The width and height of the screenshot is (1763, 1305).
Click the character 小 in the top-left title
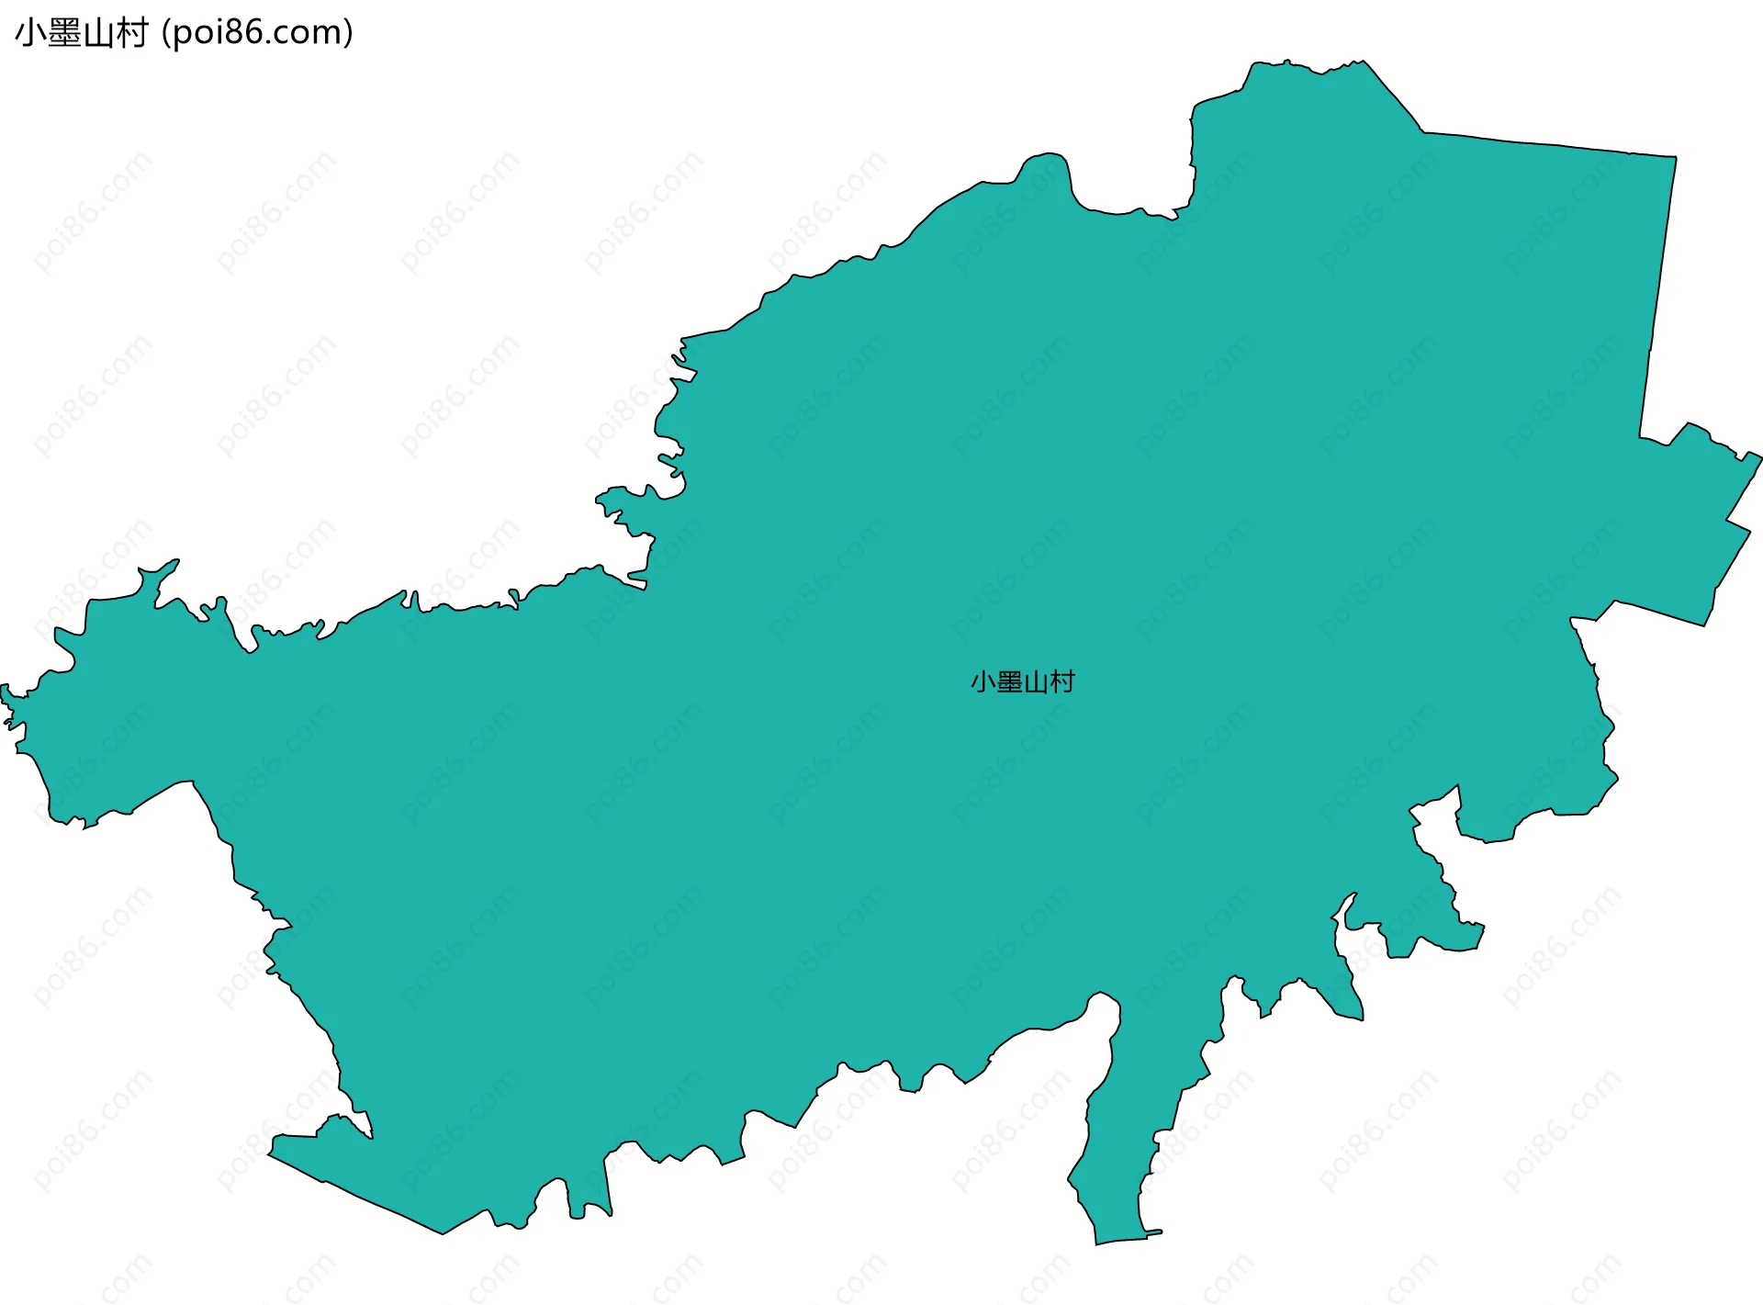(30, 33)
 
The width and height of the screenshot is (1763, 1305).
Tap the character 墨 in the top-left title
(63, 33)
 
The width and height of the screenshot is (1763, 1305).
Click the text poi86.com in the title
(257, 33)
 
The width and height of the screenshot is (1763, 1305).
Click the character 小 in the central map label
(983, 682)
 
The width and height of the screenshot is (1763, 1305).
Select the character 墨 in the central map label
(1009, 682)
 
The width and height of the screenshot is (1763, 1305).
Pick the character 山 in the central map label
(1036, 682)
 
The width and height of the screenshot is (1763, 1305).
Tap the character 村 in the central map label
(1062, 682)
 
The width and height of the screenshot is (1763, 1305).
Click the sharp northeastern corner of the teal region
(1676, 158)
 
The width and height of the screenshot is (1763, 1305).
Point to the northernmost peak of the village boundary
(1288, 62)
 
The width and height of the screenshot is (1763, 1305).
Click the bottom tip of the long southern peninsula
(1097, 1243)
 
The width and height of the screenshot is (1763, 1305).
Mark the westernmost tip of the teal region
(3, 687)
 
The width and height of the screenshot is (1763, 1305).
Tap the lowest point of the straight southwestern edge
(443, 1233)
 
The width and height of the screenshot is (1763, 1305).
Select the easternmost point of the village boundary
(1760, 456)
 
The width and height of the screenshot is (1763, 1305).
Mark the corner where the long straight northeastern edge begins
(1423, 131)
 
